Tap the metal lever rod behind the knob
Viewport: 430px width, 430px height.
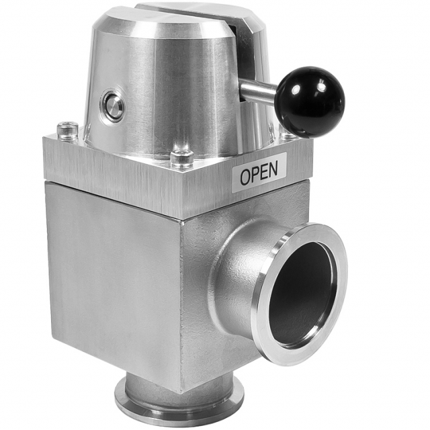click(259, 91)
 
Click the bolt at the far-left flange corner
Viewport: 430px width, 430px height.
click(67, 130)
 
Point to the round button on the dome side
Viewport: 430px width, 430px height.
click(114, 106)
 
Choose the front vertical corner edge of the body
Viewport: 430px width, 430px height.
click(183, 302)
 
